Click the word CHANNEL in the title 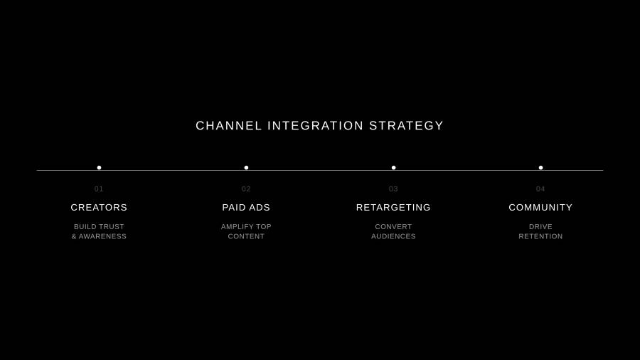(x=228, y=126)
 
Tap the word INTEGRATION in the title (x=316, y=126)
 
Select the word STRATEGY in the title (x=406, y=126)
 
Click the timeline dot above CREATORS (x=99, y=168)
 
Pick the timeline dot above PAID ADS (x=246, y=168)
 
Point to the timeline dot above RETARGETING (x=393, y=168)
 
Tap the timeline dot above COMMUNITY (x=541, y=168)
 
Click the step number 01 (x=99, y=189)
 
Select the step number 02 (x=246, y=189)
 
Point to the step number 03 (x=393, y=189)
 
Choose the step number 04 (x=540, y=189)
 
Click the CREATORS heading (x=99, y=207)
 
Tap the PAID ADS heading (x=246, y=207)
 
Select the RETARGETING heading (x=393, y=207)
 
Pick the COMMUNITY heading (x=540, y=207)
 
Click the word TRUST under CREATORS (x=111, y=226)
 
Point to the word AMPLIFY (x=235, y=226)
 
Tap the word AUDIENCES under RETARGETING (x=393, y=236)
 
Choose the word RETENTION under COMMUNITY (x=540, y=236)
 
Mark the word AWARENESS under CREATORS (x=102, y=236)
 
